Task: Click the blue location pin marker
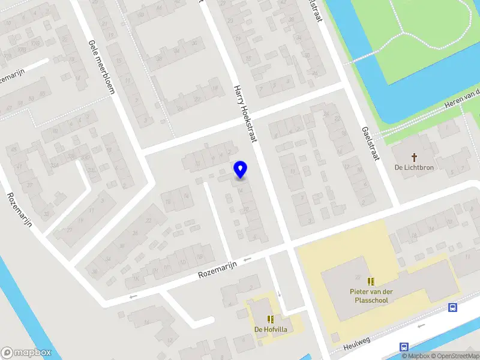[x=241, y=170]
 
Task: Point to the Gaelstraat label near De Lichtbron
[x=370, y=145]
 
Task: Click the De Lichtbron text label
[x=414, y=167]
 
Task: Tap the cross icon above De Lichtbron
[x=414, y=156]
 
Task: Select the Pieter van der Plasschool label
[x=371, y=296]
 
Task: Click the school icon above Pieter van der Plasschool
[x=371, y=281]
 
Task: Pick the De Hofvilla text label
[x=270, y=329]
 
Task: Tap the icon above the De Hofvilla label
[x=270, y=319]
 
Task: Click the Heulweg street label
[x=358, y=344]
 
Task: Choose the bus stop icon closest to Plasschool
[x=452, y=308]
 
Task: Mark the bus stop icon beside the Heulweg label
[x=405, y=347]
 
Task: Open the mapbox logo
[x=26, y=353]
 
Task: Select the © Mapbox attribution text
[x=414, y=356]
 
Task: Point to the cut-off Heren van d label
[x=462, y=98]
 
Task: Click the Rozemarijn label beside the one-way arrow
[x=218, y=269]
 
